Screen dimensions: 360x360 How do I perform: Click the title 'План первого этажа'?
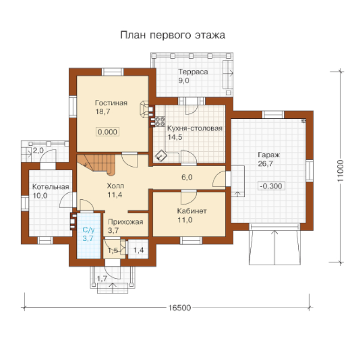click(x=173, y=35)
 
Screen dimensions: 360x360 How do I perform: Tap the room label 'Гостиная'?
click(x=111, y=103)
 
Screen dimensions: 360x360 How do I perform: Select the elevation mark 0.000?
click(x=108, y=132)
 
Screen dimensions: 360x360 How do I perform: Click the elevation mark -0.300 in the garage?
click(x=271, y=186)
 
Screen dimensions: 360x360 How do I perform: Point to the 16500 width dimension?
click(x=180, y=308)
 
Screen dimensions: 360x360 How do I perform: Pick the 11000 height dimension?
click(x=340, y=171)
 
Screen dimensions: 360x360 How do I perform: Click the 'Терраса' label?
click(x=193, y=72)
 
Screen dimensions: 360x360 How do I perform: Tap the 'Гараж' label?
click(x=269, y=155)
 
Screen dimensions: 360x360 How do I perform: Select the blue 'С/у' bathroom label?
click(x=88, y=230)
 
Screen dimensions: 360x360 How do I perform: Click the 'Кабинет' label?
click(x=192, y=211)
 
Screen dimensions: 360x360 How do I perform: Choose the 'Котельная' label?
click(x=51, y=187)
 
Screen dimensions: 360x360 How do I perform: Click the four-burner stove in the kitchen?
click(x=160, y=121)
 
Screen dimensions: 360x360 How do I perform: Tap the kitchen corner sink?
click(x=161, y=156)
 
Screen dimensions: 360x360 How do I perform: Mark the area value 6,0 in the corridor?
click(x=187, y=177)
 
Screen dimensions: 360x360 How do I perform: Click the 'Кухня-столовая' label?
click(x=195, y=128)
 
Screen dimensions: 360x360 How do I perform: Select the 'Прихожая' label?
click(x=125, y=222)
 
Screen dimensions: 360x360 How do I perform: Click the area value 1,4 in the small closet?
click(x=138, y=250)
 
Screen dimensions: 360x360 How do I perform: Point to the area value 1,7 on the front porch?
click(x=102, y=279)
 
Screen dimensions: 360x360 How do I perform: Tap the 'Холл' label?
click(x=115, y=186)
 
